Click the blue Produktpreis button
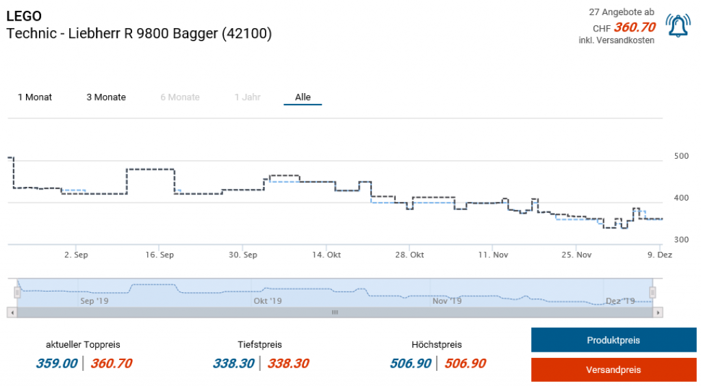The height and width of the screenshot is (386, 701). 613,340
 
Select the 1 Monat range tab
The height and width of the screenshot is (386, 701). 35,97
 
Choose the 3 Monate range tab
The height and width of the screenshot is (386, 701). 106,97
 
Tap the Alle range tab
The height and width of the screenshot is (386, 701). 303,97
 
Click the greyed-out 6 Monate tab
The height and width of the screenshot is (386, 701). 180,97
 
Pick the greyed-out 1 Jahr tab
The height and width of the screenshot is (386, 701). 247,97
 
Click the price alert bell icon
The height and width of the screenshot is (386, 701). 678,26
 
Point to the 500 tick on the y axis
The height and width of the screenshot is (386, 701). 680,156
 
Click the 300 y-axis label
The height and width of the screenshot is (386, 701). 680,240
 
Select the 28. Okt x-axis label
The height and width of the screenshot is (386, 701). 409,255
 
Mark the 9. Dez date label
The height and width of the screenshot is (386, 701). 661,255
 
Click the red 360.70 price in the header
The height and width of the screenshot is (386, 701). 635,27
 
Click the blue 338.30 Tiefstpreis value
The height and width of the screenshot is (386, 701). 233,363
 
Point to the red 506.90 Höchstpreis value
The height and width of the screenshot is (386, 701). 465,363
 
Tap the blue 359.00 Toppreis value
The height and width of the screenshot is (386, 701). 57,363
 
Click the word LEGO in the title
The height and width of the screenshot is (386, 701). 23,16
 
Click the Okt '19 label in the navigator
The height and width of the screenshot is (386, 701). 267,300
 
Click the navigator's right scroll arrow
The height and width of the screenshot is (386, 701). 658,312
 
